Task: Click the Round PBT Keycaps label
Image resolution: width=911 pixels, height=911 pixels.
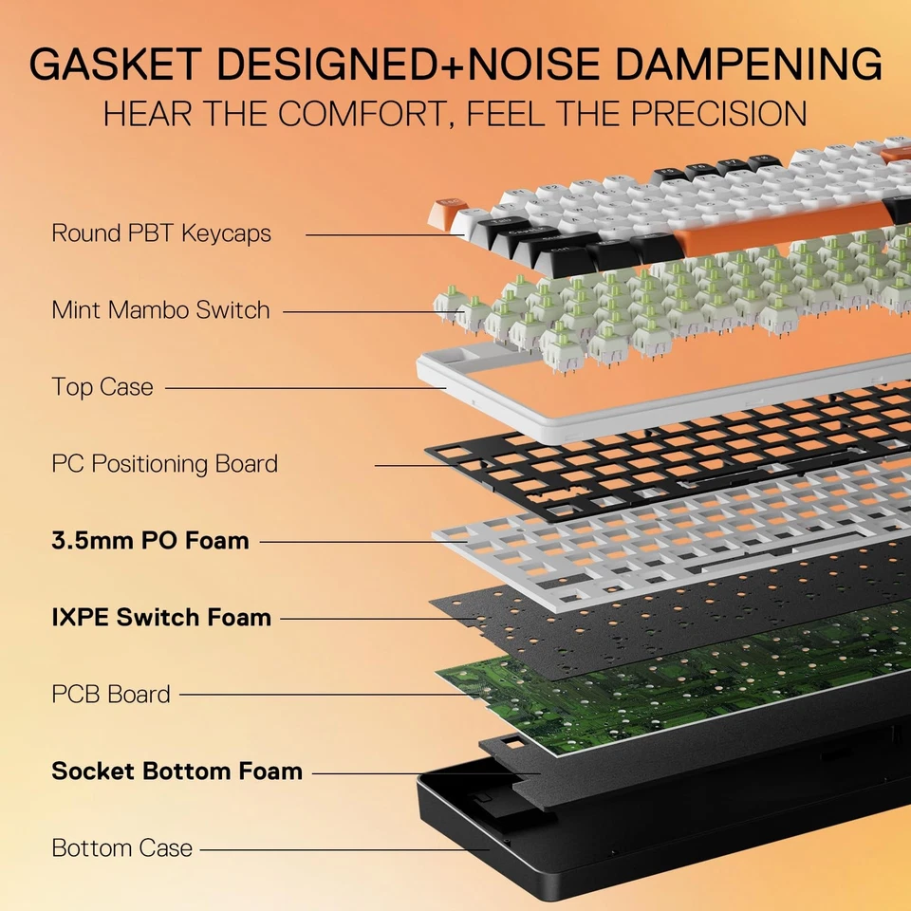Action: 161,233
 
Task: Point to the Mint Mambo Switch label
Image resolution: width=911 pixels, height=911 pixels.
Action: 160,310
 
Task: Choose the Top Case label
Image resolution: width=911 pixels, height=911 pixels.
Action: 102,387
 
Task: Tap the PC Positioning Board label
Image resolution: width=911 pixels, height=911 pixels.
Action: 164,464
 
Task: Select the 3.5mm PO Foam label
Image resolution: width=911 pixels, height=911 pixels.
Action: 150,541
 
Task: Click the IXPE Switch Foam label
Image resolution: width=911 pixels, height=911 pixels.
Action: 161,618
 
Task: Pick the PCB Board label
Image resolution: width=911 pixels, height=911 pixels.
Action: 111,695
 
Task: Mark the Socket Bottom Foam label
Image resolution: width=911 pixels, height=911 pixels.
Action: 177,772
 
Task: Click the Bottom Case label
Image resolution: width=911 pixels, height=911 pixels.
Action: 121,848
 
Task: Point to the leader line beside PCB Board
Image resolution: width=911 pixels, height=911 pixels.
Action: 323,695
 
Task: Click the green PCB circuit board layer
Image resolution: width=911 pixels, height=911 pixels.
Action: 664,683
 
